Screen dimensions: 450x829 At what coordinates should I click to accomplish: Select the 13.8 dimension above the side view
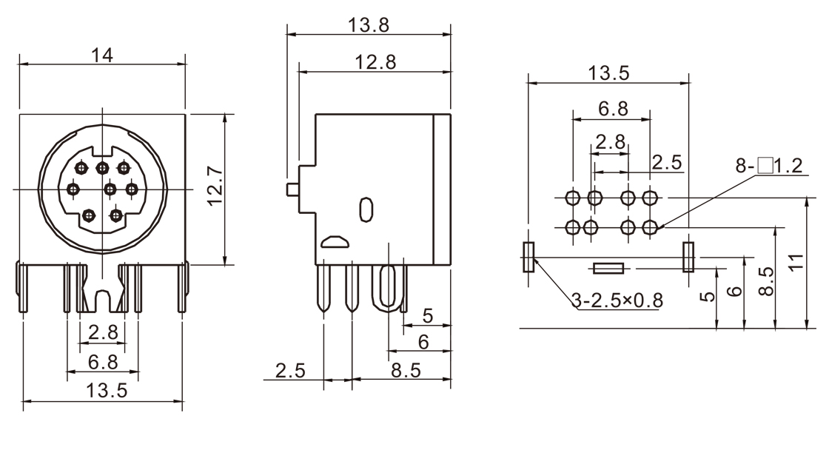(369, 24)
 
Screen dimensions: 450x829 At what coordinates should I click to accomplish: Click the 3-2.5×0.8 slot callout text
(617, 300)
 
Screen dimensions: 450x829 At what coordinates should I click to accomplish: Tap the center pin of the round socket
(110, 189)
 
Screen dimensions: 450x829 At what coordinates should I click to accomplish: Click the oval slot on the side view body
(365, 209)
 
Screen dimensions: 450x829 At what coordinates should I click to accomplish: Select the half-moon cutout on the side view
(333, 241)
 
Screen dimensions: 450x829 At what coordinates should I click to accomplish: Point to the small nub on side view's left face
(292, 189)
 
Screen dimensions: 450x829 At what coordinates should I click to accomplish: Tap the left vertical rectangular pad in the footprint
(528, 256)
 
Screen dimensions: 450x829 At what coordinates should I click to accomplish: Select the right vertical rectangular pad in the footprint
(688, 256)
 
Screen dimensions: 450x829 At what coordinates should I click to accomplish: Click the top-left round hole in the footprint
(572, 198)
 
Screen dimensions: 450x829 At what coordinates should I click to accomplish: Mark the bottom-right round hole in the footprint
(650, 226)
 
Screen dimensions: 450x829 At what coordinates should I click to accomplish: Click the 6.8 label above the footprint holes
(612, 108)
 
